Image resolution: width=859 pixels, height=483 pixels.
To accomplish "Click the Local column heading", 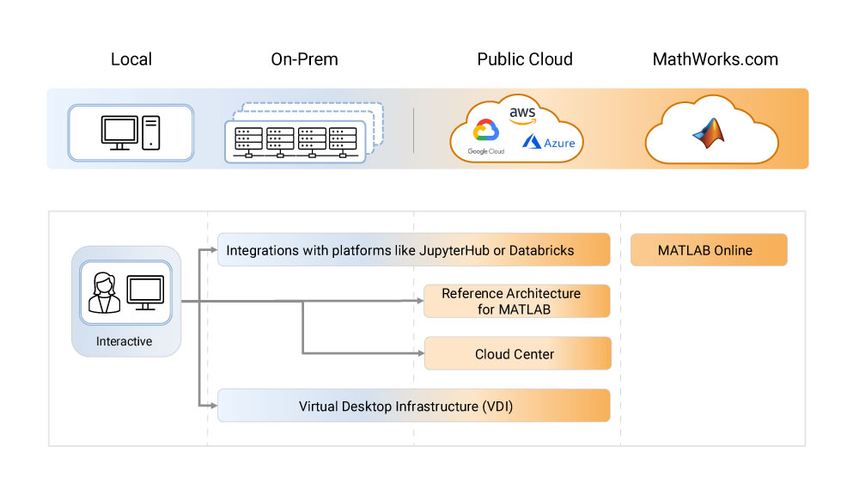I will pyautogui.click(x=131, y=59).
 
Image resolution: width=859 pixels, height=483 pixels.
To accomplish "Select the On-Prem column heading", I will pyautogui.click(x=304, y=59).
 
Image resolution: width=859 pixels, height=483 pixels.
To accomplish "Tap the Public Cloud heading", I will pyautogui.click(x=525, y=59).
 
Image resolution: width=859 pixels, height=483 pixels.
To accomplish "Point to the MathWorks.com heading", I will pyautogui.click(x=716, y=59).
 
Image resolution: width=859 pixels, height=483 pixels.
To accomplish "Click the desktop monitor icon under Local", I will pyautogui.click(x=119, y=131).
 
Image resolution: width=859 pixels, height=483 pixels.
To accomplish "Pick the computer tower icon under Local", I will pyautogui.click(x=151, y=131).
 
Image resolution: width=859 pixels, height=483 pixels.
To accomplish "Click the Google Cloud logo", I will pyautogui.click(x=485, y=136).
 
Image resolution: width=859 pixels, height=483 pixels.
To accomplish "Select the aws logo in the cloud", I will pyautogui.click(x=522, y=115).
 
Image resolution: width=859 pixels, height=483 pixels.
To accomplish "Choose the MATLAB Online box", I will pyautogui.click(x=708, y=251).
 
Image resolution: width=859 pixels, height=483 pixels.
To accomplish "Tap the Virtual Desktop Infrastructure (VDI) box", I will pyautogui.click(x=413, y=406).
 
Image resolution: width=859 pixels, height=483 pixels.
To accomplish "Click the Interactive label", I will pyautogui.click(x=125, y=341).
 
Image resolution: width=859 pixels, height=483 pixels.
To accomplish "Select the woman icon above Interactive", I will pyautogui.click(x=103, y=292).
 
